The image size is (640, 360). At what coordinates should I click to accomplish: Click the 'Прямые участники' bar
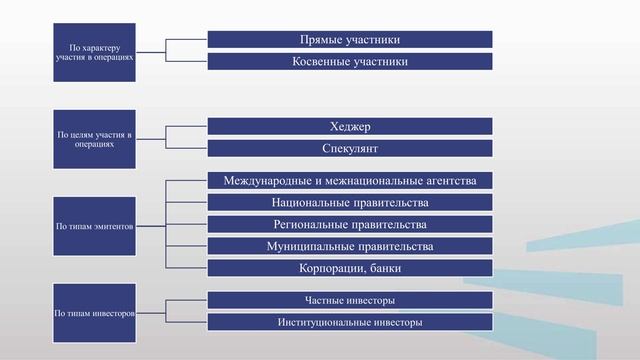tap(350, 39)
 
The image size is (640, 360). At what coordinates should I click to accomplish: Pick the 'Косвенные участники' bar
tap(350, 62)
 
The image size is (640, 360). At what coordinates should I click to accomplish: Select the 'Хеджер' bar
tap(350, 126)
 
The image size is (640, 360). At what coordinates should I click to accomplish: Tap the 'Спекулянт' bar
tap(350, 149)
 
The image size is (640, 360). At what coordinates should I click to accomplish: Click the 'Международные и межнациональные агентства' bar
tap(350, 181)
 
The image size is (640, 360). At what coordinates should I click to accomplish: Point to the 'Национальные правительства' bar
tap(350, 203)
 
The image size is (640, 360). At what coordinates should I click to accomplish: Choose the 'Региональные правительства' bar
tap(350, 224)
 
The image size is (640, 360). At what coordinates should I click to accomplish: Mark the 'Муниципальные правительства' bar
tap(350, 246)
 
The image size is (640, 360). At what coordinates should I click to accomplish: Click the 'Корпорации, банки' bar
tap(350, 268)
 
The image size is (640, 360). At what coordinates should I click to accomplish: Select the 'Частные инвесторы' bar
tap(350, 300)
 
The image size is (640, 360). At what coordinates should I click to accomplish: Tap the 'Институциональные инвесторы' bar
tap(350, 323)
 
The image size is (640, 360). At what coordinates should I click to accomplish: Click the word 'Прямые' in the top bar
tap(322, 39)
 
